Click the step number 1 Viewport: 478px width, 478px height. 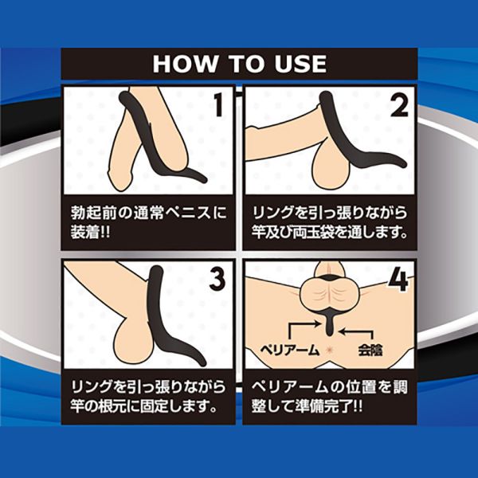coord(218,104)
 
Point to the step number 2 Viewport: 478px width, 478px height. coord(400,104)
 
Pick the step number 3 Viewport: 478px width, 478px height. coord(217,280)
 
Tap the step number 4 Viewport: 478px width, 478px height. coord(398,280)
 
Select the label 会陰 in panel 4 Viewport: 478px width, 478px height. coord(370,350)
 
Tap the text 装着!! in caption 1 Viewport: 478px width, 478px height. coord(90,233)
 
